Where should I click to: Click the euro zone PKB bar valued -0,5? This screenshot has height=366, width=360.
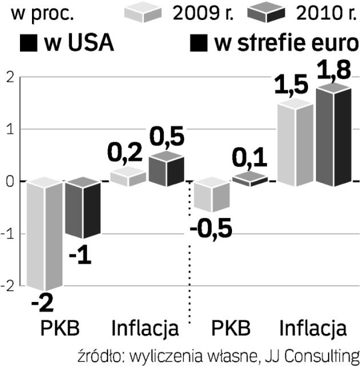point(212,195)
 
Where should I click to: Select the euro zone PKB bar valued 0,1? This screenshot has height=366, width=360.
point(250,179)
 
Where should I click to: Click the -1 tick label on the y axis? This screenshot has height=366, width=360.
point(7,234)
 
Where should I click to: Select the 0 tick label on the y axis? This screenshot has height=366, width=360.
point(8,182)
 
